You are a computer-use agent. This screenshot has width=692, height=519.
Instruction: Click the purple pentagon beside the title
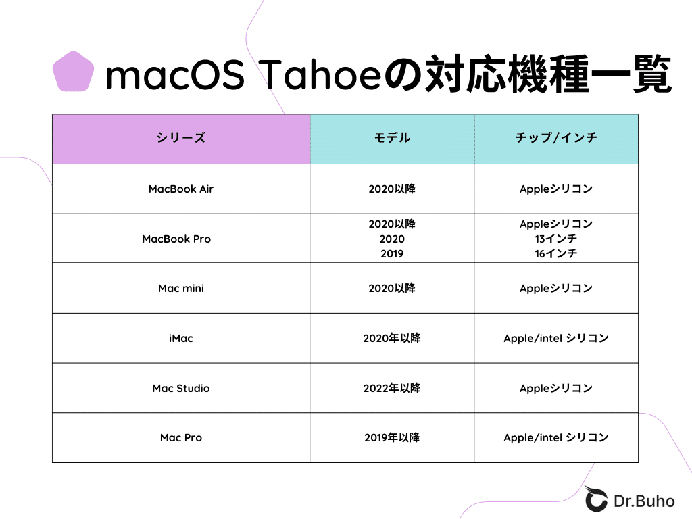(x=73, y=72)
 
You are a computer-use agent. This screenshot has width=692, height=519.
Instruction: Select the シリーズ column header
(x=180, y=139)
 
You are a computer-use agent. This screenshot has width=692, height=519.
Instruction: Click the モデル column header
(x=392, y=139)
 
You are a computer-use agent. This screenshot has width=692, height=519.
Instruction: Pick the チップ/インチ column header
(x=555, y=139)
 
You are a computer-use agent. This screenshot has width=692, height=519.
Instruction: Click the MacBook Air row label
(x=180, y=189)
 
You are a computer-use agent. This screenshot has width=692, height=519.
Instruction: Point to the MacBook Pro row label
(x=176, y=239)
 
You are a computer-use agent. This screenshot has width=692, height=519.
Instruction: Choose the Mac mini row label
(x=180, y=289)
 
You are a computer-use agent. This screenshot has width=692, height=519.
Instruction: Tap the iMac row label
(x=180, y=338)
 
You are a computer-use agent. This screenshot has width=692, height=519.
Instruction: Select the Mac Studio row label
(x=180, y=388)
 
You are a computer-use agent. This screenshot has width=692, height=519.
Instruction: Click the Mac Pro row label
(x=180, y=438)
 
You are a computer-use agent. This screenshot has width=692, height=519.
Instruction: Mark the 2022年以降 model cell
(x=392, y=388)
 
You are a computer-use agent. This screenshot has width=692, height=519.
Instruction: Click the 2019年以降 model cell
(x=392, y=438)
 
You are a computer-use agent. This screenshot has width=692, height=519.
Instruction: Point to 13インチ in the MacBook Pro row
(x=555, y=239)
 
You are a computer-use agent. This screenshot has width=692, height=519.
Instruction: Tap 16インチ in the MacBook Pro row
(x=555, y=254)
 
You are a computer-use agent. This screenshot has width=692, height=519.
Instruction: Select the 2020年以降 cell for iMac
(x=392, y=338)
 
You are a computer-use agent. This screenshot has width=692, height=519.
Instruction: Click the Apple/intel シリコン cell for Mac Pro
(x=555, y=438)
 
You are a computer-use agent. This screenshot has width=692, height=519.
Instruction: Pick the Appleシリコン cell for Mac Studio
(x=555, y=388)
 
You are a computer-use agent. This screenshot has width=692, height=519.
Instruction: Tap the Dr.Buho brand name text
(x=644, y=501)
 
